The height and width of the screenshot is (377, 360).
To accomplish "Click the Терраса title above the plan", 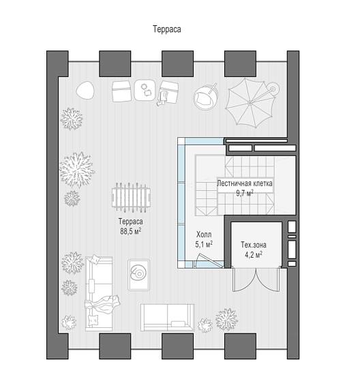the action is (x=167, y=29).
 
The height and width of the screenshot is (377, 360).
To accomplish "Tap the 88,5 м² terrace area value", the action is (x=131, y=231).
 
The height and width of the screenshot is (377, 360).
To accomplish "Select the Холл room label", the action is (x=204, y=235).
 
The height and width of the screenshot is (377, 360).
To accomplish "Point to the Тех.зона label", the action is (x=254, y=245).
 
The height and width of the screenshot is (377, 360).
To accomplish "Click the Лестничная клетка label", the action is (x=245, y=183).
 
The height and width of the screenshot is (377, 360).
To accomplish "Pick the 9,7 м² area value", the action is (x=245, y=193).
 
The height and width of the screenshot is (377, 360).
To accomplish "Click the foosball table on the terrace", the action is (x=131, y=198).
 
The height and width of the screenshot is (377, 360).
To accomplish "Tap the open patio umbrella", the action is (x=250, y=102).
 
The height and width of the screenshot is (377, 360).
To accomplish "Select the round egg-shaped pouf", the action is (x=85, y=91).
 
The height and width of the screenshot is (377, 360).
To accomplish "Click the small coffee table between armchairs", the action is (x=145, y=90).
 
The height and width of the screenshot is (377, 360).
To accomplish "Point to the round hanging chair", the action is (x=205, y=97).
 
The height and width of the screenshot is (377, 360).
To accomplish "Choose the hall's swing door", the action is (x=208, y=260).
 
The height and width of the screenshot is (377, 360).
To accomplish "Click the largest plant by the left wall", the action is (x=77, y=169).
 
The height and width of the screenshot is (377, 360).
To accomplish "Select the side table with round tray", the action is (x=138, y=275).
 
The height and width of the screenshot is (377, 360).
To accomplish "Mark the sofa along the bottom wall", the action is (x=167, y=318).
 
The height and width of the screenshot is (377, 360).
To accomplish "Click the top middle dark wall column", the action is (x=177, y=63).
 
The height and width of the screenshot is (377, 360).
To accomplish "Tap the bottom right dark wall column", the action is (x=240, y=346).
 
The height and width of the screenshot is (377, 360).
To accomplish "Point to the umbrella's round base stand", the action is (x=273, y=89).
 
